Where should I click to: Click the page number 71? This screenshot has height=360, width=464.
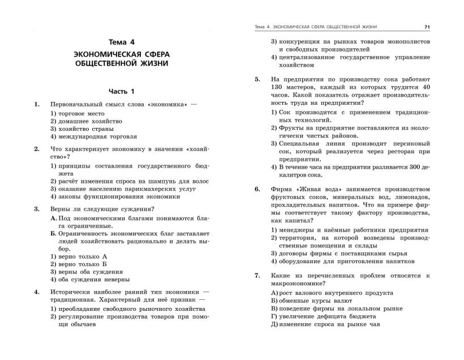click(x=427, y=27)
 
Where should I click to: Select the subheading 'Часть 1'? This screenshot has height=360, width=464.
click(x=122, y=91)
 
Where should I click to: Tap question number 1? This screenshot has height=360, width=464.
click(x=37, y=105)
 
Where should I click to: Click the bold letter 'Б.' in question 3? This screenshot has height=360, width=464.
click(x=53, y=233)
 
